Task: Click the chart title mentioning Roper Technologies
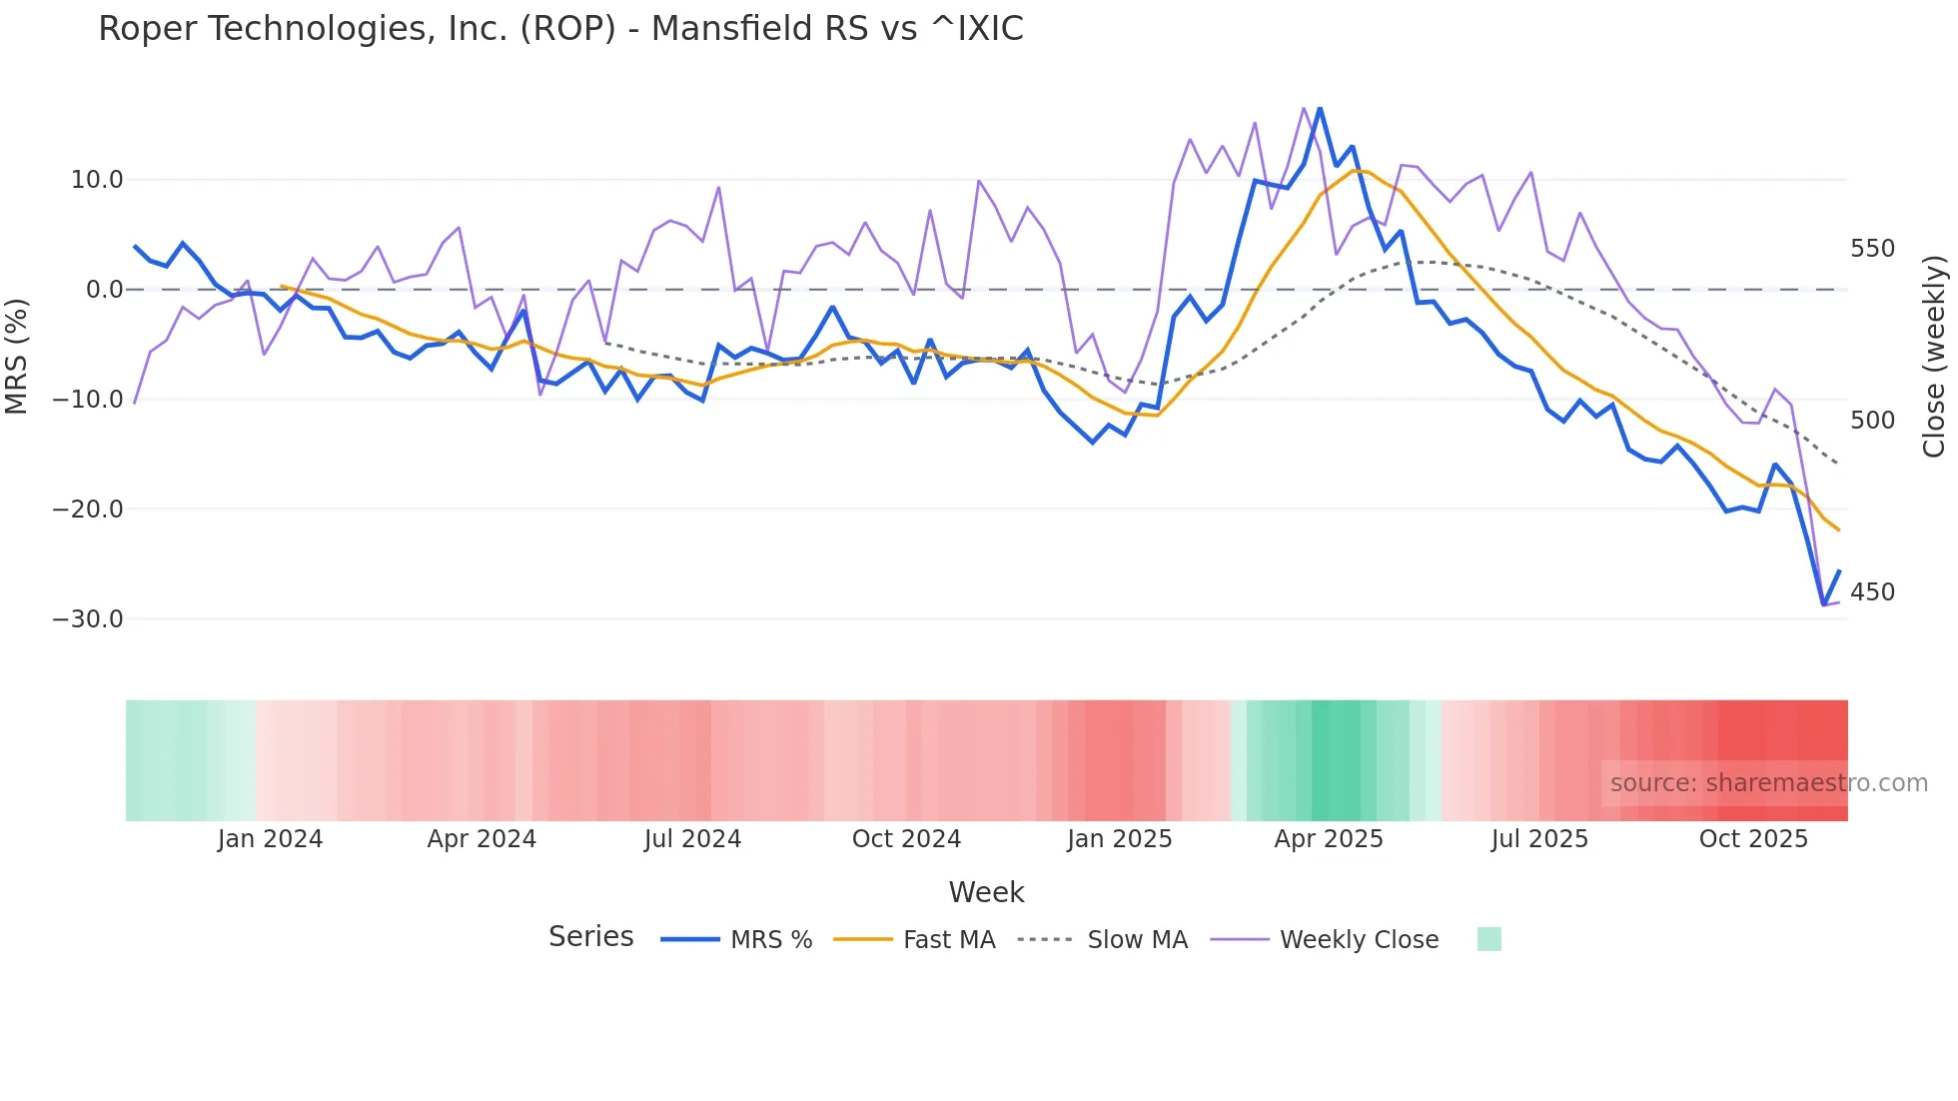560,29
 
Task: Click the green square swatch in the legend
1488,939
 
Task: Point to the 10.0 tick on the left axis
97,180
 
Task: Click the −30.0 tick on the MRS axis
88,619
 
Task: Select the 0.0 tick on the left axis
104,290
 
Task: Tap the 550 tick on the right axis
1872,249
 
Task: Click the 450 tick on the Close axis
1872,592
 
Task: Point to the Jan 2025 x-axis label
1119,839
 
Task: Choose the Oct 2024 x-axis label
906,839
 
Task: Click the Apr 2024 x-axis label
482,839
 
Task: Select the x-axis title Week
986,892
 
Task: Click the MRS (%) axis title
17,356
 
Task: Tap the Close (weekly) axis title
1935,357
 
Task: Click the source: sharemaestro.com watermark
1768,783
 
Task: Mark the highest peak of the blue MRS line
1320,108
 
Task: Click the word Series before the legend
590,937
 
